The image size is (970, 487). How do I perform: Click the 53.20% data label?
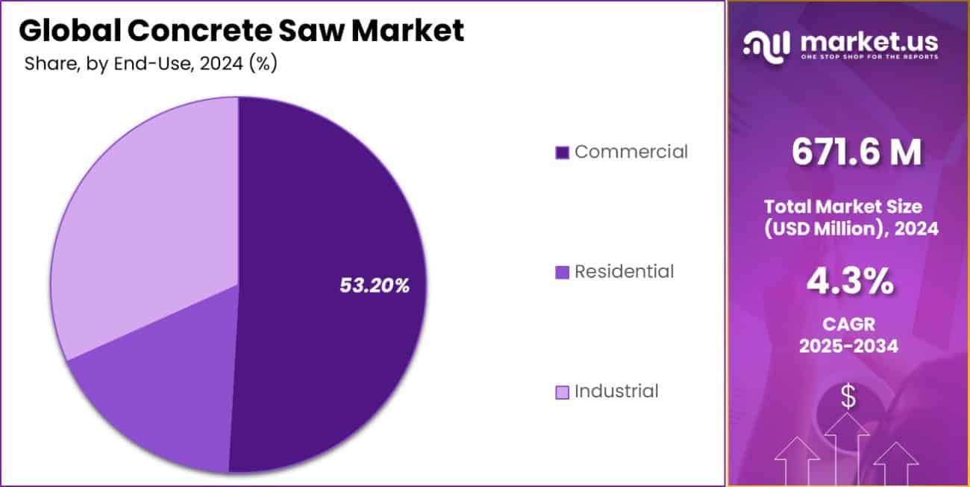pos(375,285)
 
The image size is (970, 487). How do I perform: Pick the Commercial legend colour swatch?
pos(563,152)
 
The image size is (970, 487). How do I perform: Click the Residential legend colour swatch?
pos(563,272)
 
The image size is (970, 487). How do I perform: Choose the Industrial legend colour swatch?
pos(563,391)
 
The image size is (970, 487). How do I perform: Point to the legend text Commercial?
pos(630,152)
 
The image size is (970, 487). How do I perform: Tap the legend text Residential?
pos(624,271)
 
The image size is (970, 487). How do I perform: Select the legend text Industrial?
pos(616,391)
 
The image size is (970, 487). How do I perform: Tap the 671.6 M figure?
pos(857,153)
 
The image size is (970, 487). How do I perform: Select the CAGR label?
pos(849,323)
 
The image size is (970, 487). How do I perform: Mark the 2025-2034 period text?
pos(850,346)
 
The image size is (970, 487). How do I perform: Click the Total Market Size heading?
pos(853,206)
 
